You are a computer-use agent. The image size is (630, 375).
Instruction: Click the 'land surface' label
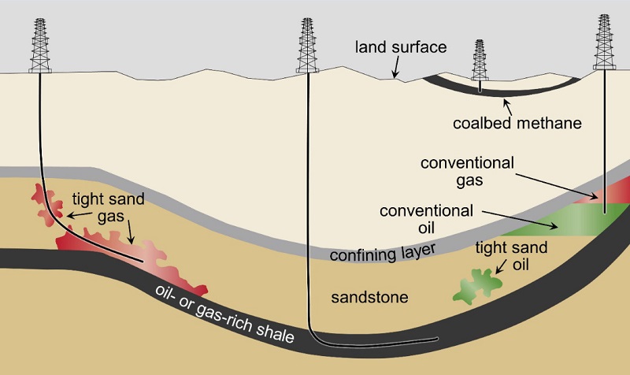[401, 47]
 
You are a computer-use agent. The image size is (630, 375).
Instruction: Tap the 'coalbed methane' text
[517, 123]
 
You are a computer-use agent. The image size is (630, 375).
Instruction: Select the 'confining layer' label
[383, 253]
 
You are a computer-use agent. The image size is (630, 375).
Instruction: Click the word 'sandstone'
[369, 298]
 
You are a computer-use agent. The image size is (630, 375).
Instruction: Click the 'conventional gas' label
[467, 172]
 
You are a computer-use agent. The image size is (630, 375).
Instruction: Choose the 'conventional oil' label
[426, 219]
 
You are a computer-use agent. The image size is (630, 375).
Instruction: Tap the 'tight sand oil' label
[511, 255]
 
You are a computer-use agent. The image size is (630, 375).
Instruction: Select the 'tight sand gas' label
[109, 207]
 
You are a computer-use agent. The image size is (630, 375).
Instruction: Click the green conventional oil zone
[570, 221]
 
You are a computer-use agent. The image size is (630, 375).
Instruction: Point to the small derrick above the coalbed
[480, 61]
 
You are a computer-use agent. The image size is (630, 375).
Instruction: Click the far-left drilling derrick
[40, 46]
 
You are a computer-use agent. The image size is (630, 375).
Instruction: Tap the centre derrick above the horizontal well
[307, 46]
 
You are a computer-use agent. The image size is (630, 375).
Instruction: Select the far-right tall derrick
[604, 42]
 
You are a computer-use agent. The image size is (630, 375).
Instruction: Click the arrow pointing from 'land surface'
[396, 67]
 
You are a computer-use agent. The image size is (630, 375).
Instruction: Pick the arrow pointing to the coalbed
[508, 107]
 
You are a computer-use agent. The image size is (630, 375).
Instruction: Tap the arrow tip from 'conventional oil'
[558, 228]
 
